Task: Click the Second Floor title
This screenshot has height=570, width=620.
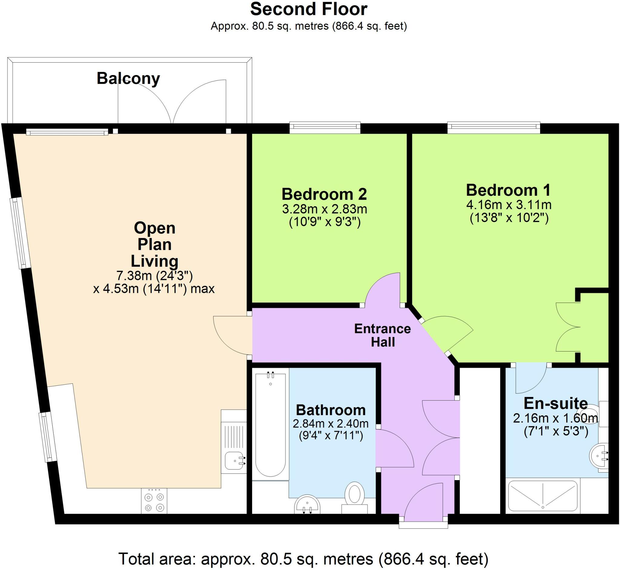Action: tap(308, 9)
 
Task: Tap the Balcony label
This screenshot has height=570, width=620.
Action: tap(128, 79)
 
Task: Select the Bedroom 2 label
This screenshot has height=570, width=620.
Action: tap(324, 194)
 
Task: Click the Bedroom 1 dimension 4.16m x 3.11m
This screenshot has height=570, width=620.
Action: tap(509, 205)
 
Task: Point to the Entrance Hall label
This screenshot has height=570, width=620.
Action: tap(382, 335)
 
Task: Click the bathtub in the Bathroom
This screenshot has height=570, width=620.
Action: tap(270, 426)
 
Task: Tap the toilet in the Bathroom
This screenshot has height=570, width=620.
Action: tap(354, 497)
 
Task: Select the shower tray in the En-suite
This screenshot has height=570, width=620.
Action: tap(542, 496)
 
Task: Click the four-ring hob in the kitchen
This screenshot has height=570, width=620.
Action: tap(154, 502)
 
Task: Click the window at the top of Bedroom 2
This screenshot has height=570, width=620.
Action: tap(325, 127)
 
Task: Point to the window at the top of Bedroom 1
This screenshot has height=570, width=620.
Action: tap(493, 127)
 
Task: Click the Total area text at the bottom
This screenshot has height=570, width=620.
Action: tap(303, 559)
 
